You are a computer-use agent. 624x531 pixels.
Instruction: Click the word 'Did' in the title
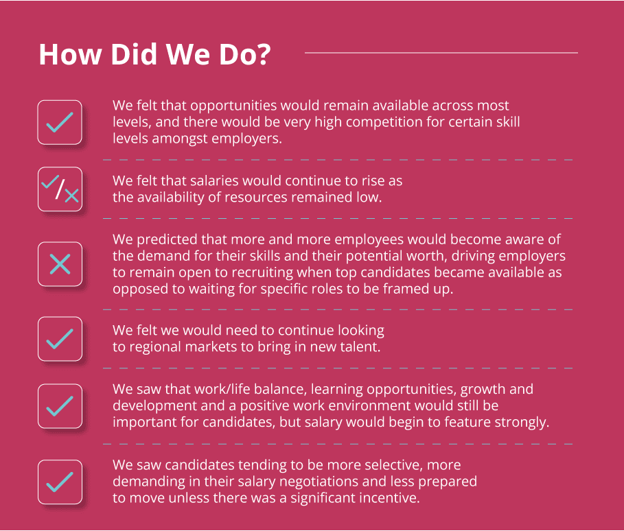(134, 54)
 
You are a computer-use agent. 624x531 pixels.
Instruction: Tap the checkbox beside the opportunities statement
(60, 122)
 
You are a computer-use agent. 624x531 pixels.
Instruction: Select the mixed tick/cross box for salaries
(60, 189)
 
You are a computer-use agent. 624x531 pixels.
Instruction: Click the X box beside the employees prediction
(60, 263)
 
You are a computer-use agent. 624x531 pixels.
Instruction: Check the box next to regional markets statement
(60, 339)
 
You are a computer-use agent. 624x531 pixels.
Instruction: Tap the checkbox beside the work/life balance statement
(60, 406)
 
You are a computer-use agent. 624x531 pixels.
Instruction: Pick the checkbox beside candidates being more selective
(60, 482)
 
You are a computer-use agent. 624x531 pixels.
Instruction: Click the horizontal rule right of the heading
(441, 53)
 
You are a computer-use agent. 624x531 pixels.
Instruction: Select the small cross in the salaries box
(71, 196)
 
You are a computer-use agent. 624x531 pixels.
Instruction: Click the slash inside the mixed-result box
(60, 189)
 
